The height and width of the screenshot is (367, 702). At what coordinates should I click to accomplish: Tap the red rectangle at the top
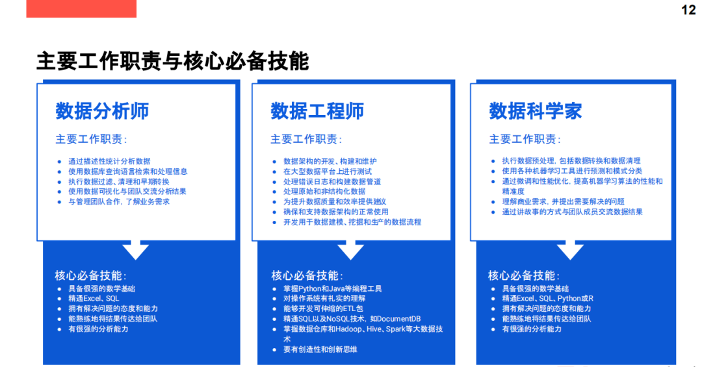81,8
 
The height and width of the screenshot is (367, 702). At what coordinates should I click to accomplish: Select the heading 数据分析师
102,111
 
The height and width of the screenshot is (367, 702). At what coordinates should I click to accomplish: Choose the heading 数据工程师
317,111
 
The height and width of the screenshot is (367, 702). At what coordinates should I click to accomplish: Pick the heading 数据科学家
535,111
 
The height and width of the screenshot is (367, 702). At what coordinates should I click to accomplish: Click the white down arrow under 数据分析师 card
135,249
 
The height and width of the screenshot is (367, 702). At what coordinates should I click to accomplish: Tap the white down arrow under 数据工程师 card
350,249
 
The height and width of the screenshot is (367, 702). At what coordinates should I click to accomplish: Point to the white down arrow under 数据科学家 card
570,249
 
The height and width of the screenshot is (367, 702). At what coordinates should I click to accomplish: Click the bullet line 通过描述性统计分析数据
109,161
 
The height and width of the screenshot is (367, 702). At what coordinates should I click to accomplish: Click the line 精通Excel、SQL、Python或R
547,299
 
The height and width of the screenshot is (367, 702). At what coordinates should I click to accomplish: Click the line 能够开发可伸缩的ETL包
323,309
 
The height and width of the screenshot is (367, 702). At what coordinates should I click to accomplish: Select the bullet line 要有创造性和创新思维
320,349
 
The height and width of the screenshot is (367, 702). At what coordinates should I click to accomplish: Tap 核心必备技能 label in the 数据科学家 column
523,275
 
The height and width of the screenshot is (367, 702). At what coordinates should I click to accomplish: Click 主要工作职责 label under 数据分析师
91,139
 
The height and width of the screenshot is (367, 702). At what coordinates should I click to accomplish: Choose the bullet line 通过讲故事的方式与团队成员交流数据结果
572,212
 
